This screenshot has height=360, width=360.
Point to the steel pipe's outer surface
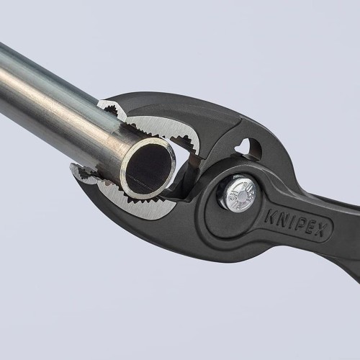58,101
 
